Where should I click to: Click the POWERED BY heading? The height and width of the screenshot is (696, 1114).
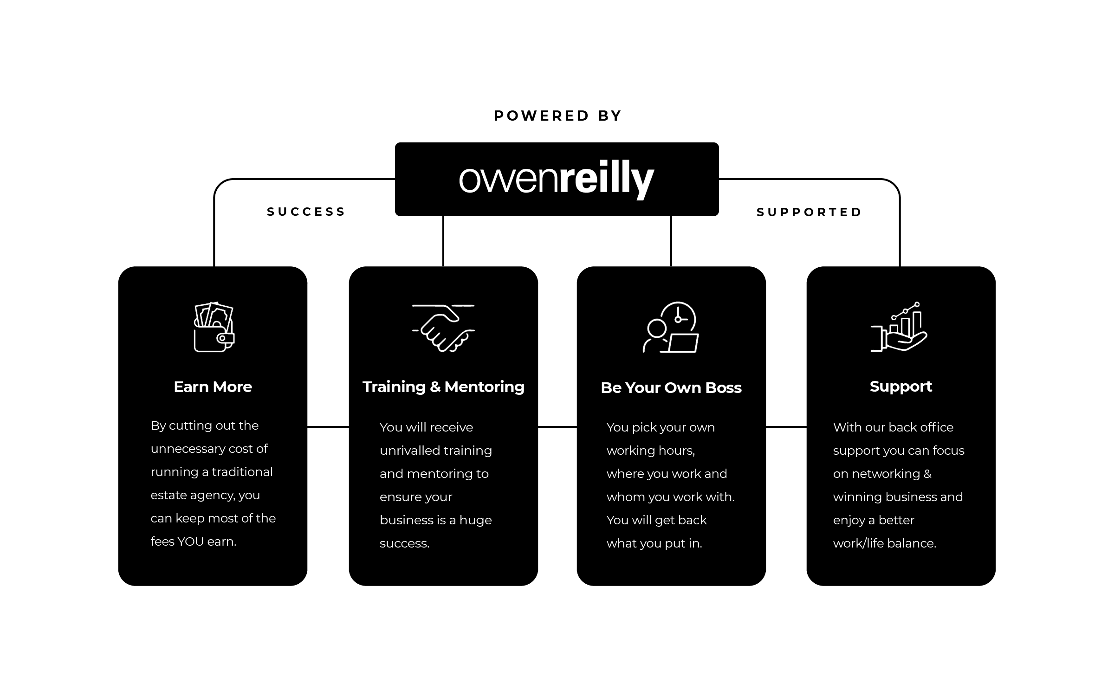(557, 116)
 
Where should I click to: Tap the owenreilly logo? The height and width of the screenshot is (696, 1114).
(557, 179)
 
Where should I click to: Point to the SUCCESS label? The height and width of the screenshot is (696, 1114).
(306, 212)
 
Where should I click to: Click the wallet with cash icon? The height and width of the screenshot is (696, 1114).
(214, 327)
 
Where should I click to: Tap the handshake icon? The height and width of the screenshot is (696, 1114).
(443, 328)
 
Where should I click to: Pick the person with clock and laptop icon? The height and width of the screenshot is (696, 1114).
(671, 327)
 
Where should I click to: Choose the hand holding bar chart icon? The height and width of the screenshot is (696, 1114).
(899, 327)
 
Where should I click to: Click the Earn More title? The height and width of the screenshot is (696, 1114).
(213, 387)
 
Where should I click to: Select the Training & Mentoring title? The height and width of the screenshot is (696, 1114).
(443, 387)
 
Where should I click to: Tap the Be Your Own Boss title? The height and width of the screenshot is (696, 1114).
(671, 388)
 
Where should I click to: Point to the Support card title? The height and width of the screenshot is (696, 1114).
(901, 387)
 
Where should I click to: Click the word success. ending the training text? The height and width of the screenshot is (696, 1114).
(404, 543)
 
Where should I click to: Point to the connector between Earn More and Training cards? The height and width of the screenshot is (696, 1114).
(328, 426)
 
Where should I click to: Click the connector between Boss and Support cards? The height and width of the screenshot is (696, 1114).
(786, 426)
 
